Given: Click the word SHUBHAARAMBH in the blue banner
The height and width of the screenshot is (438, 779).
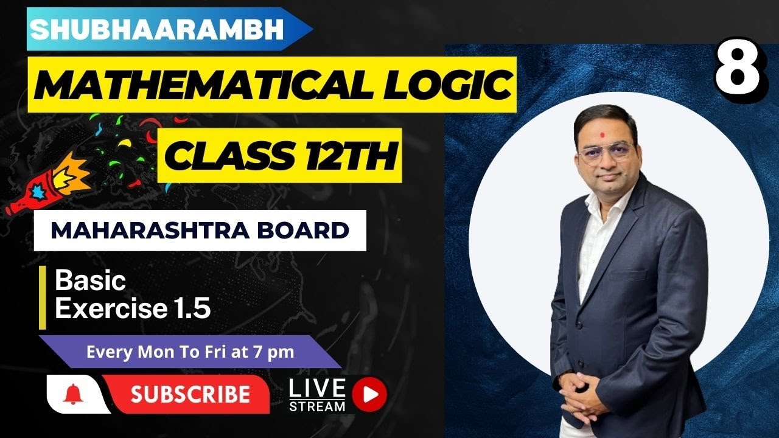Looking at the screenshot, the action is point(157,30).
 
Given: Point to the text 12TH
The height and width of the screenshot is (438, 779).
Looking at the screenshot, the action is point(351,155).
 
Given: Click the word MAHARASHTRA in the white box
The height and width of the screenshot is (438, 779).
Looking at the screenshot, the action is point(150,231).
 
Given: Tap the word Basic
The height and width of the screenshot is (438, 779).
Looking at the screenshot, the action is point(91,281).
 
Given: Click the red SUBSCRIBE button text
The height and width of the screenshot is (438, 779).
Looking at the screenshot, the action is point(190,394).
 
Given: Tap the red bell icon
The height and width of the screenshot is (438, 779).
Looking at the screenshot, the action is point(73,394).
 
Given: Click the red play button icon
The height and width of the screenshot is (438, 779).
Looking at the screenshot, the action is point(369,395).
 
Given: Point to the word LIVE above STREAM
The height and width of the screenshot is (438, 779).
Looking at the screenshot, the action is point(317,388).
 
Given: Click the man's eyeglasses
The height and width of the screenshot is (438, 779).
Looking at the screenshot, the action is point(606,153).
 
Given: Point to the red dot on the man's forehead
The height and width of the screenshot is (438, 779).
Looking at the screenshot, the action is point(603,133).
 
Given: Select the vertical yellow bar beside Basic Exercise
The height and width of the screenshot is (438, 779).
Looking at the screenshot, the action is point(43,297).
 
